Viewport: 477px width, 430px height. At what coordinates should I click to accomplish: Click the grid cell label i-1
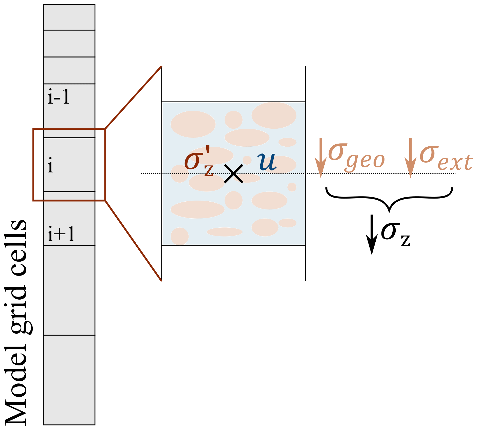pos(59,97)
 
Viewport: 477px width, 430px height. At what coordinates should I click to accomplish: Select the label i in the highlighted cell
pos(50,165)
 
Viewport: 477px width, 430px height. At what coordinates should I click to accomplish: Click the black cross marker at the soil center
pos(233,173)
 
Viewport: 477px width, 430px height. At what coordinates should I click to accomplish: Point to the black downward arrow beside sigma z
pos(372,234)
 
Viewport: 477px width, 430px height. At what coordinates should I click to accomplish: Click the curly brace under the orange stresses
pos(389,198)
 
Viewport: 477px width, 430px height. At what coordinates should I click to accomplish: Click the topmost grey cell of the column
pos(69,17)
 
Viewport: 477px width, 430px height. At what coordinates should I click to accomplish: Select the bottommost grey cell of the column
pos(69,380)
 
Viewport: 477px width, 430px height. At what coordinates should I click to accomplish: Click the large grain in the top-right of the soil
pos(274,115)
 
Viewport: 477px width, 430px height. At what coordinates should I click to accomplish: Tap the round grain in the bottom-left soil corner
pos(180,236)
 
